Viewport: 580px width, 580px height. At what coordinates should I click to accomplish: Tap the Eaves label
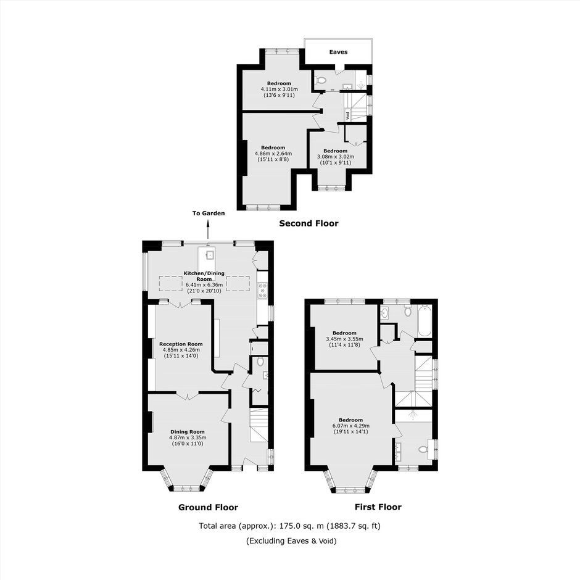point(338,52)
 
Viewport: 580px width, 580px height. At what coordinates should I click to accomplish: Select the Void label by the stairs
point(347,115)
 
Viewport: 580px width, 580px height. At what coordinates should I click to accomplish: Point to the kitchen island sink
point(210,254)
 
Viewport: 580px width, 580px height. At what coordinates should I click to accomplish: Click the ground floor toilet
point(260,361)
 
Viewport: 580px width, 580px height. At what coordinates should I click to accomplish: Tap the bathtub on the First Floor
point(425,321)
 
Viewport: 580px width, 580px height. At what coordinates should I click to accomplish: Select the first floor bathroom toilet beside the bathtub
point(408,312)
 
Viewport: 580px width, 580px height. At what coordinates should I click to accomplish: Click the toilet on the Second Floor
point(320,80)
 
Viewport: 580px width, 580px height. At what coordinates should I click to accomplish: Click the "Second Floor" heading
point(309,223)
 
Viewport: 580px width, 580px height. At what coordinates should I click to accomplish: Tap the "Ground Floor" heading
point(208,507)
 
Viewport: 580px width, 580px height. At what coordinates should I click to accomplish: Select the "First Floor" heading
point(378,507)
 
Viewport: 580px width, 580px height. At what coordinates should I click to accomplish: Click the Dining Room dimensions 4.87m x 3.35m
point(187,437)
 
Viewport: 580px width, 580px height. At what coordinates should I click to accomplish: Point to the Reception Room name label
point(181,344)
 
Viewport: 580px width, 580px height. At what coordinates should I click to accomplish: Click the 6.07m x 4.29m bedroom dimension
point(350,426)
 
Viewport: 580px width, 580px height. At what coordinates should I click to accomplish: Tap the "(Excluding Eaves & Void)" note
point(291,541)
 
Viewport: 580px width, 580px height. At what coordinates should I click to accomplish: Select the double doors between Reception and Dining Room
point(187,396)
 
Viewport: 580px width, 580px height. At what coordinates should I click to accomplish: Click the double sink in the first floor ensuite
point(398,451)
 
